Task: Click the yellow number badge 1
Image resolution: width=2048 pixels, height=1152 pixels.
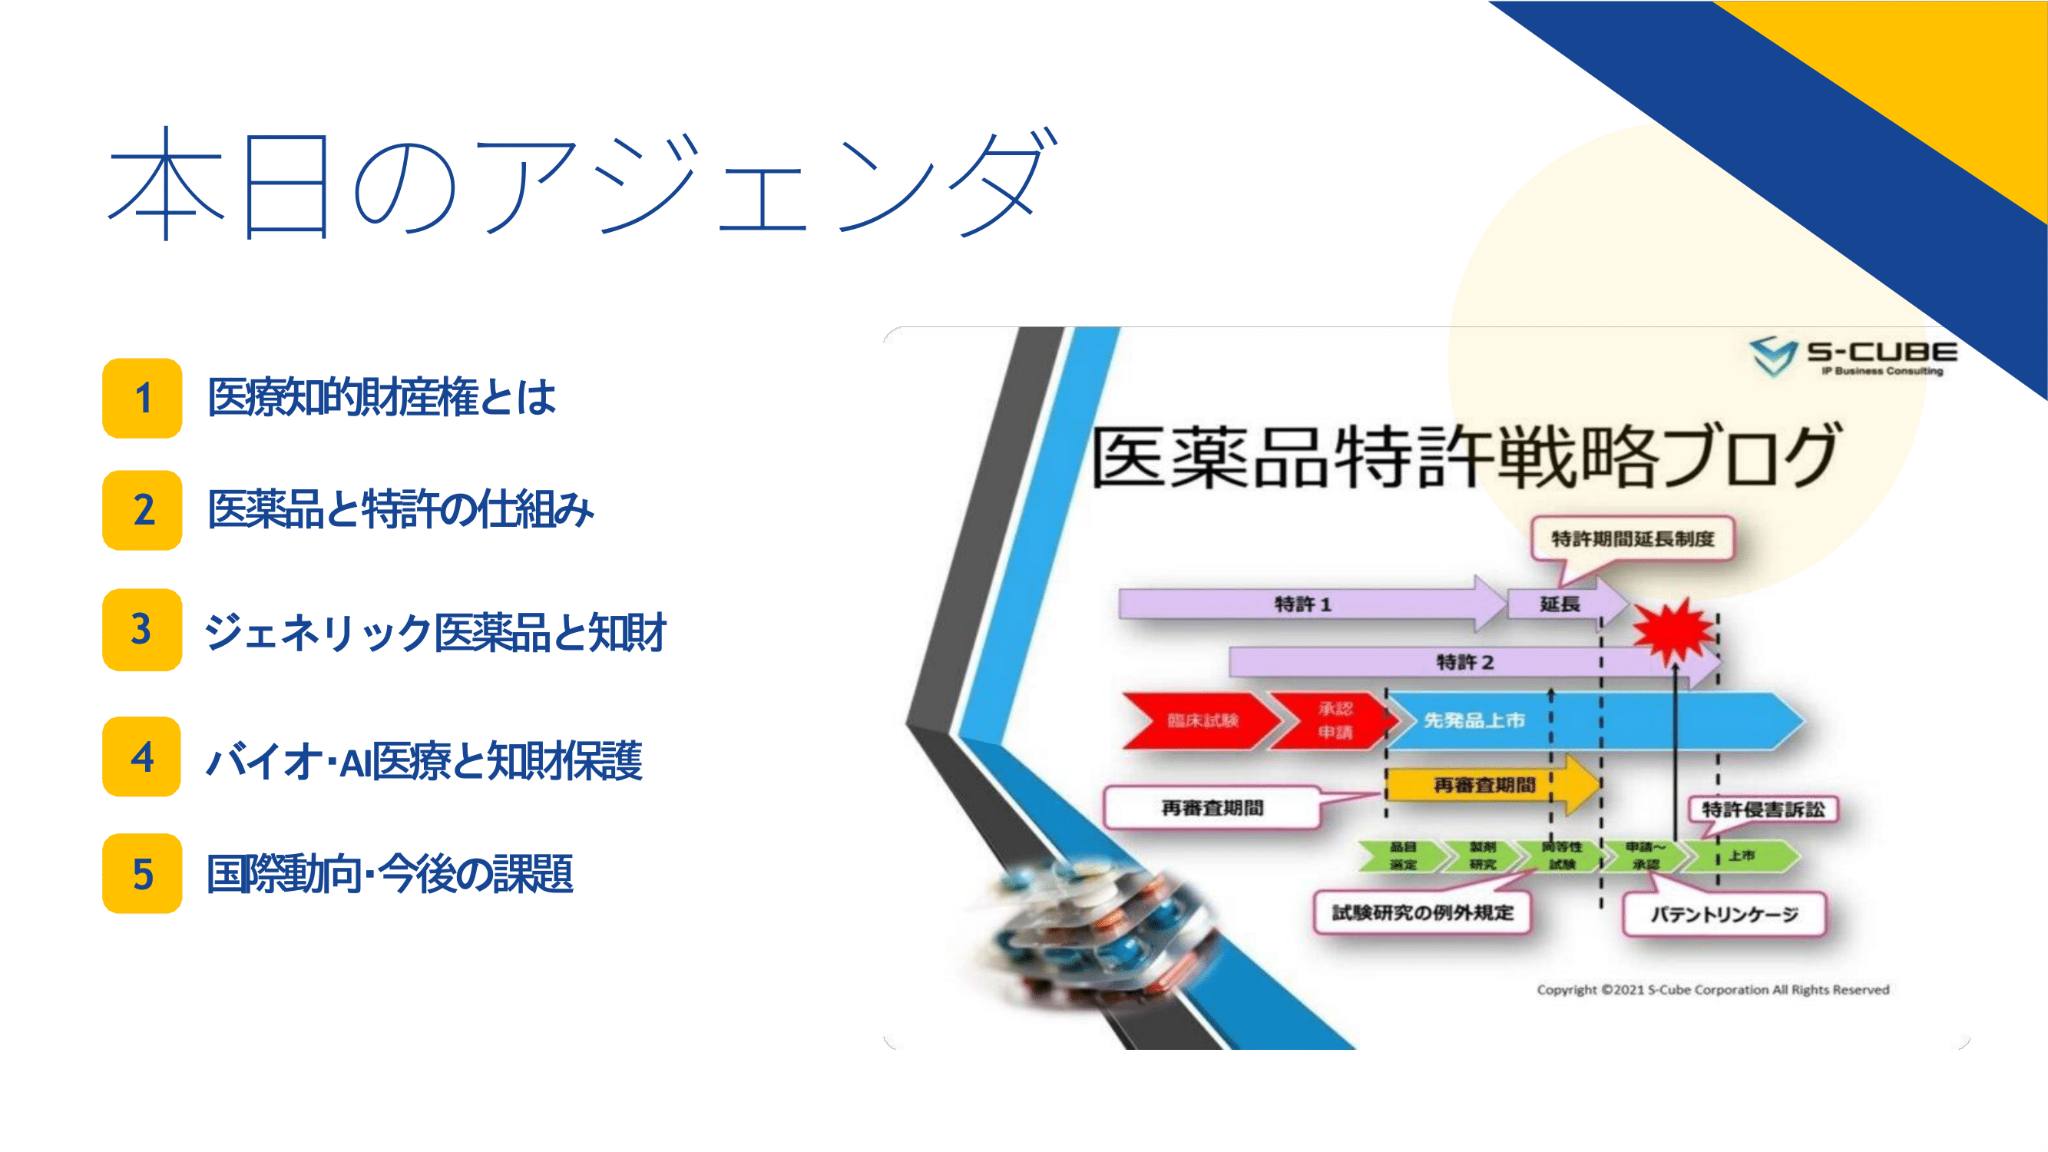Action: pos(142,398)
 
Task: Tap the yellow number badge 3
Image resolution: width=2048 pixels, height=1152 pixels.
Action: pos(142,629)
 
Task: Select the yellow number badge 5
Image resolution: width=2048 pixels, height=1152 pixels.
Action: pos(142,873)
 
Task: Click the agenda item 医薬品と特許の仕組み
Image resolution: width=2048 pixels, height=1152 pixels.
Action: pos(400,510)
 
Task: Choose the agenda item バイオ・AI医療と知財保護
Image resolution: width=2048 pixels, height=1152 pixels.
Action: pos(424,760)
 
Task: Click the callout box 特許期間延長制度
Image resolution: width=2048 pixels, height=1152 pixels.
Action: pos(1633,539)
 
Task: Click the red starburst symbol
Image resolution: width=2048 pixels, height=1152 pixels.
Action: pos(1673,632)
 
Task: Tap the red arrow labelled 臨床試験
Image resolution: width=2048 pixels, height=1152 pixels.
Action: pos(1201,720)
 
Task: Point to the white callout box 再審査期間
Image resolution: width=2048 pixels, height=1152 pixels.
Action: pos(1213,809)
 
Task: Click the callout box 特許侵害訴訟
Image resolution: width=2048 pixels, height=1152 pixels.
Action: pos(1762,809)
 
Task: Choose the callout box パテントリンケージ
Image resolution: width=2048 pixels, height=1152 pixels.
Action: pos(1724,914)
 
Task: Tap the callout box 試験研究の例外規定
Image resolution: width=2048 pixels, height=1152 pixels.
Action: pos(1422,912)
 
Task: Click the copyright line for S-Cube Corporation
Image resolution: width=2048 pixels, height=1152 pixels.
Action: pos(1712,990)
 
